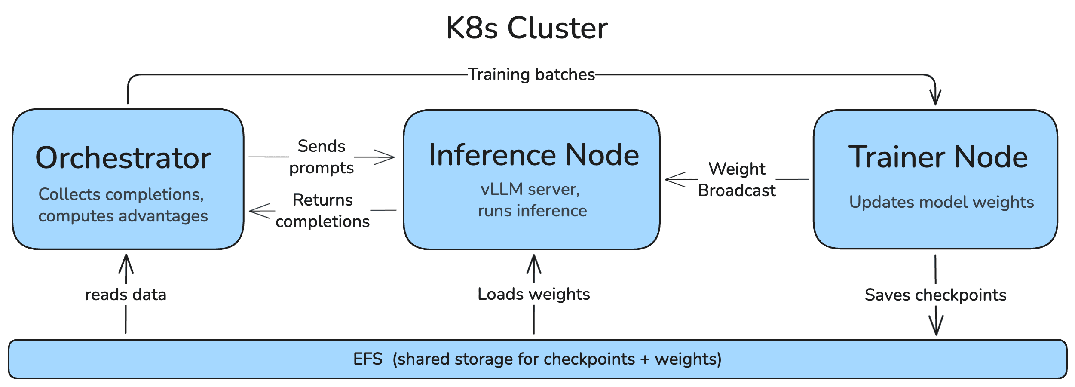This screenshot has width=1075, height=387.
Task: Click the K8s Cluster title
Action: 527,28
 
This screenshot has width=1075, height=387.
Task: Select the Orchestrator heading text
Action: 123,158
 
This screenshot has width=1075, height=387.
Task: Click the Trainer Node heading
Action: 938,157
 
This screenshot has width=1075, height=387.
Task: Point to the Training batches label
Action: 531,74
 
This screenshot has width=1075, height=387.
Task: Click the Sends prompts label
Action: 322,157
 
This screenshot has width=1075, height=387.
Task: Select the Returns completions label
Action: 322,211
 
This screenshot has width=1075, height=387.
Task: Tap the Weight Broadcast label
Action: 737,179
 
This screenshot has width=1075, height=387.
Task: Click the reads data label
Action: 126,295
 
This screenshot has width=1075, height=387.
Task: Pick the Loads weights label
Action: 533,294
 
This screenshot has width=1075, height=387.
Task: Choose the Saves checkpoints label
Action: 935,295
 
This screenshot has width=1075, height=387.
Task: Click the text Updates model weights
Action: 941,202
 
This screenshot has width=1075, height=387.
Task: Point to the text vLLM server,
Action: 530,189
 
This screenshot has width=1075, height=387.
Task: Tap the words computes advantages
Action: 123,216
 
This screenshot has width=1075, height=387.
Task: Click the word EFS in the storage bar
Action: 368,359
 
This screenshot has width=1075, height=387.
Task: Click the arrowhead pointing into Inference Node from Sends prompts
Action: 387,157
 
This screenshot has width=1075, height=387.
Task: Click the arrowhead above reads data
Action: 126,261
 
